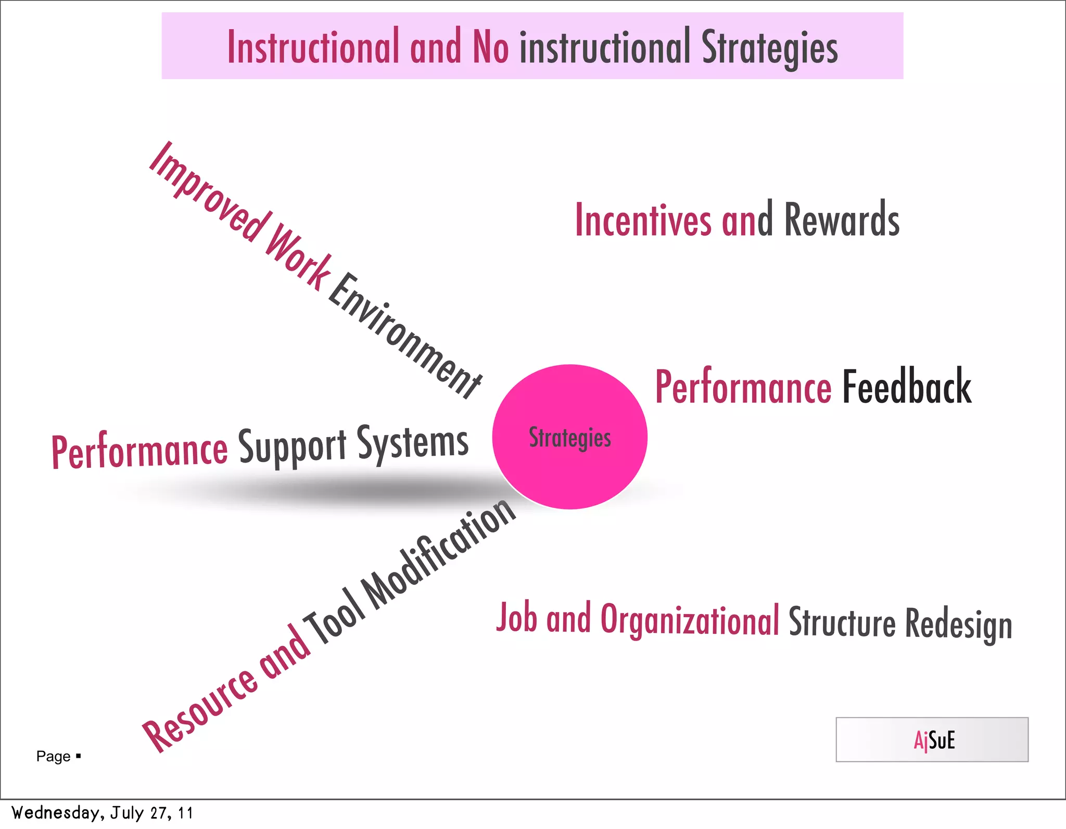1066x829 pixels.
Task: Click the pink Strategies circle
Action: pyautogui.click(x=569, y=437)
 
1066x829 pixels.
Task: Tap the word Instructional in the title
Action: pyautogui.click(x=313, y=47)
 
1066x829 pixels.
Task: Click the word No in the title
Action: pyautogui.click(x=490, y=47)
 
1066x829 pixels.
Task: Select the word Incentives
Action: pyautogui.click(x=643, y=220)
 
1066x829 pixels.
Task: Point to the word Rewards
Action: pyautogui.click(x=842, y=219)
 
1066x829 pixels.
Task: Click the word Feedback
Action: pyautogui.click(x=906, y=387)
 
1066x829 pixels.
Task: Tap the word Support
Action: pyautogui.click(x=292, y=447)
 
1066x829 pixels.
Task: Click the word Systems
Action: pyautogui.click(x=412, y=442)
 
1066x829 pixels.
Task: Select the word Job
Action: pyautogui.click(x=516, y=618)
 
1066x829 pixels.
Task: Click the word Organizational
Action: pyautogui.click(x=690, y=620)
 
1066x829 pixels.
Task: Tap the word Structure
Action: pyautogui.click(x=842, y=622)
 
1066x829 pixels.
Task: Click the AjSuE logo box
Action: pyautogui.click(x=932, y=739)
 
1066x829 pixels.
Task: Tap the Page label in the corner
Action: pyautogui.click(x=54, y=756)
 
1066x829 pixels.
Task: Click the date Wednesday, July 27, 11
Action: pyautogui.click(x=102, y=813)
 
